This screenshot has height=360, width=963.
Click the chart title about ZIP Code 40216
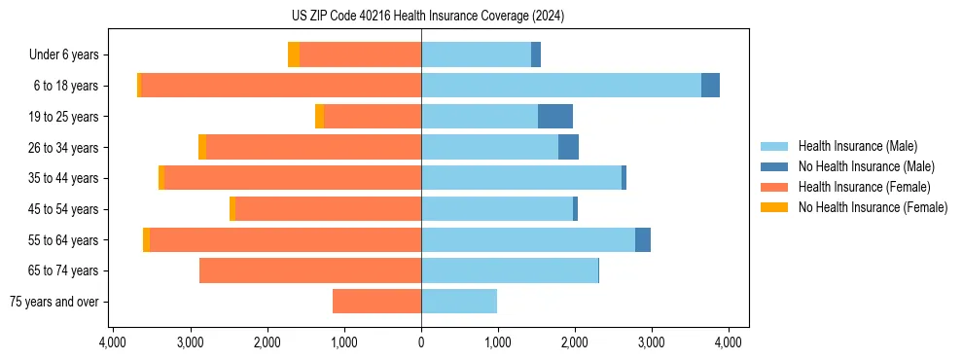(x=421, y=17)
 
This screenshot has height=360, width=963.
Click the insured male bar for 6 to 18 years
(x=560, y=86)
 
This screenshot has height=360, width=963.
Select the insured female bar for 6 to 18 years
(x=281, y=86)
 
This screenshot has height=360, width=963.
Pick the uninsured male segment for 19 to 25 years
(x=555, y=117)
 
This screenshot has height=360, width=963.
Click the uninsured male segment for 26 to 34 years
(x=568, y=147)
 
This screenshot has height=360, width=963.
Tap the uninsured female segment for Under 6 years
(x=294, y=55)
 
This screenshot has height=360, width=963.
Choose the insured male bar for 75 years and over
(x=459, y=302)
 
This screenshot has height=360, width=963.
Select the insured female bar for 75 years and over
(x=376, y=302)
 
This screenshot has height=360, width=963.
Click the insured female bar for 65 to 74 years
(x=310, y=270)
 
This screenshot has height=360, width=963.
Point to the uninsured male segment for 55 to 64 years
(x=643, y=240)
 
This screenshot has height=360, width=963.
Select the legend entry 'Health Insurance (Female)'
(x=864, y=187)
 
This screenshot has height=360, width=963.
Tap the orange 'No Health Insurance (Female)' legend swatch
(x=774, y=207)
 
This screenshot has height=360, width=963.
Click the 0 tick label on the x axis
(x=421, y=342)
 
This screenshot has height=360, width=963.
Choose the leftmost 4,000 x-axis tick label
(x=113, y=342)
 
